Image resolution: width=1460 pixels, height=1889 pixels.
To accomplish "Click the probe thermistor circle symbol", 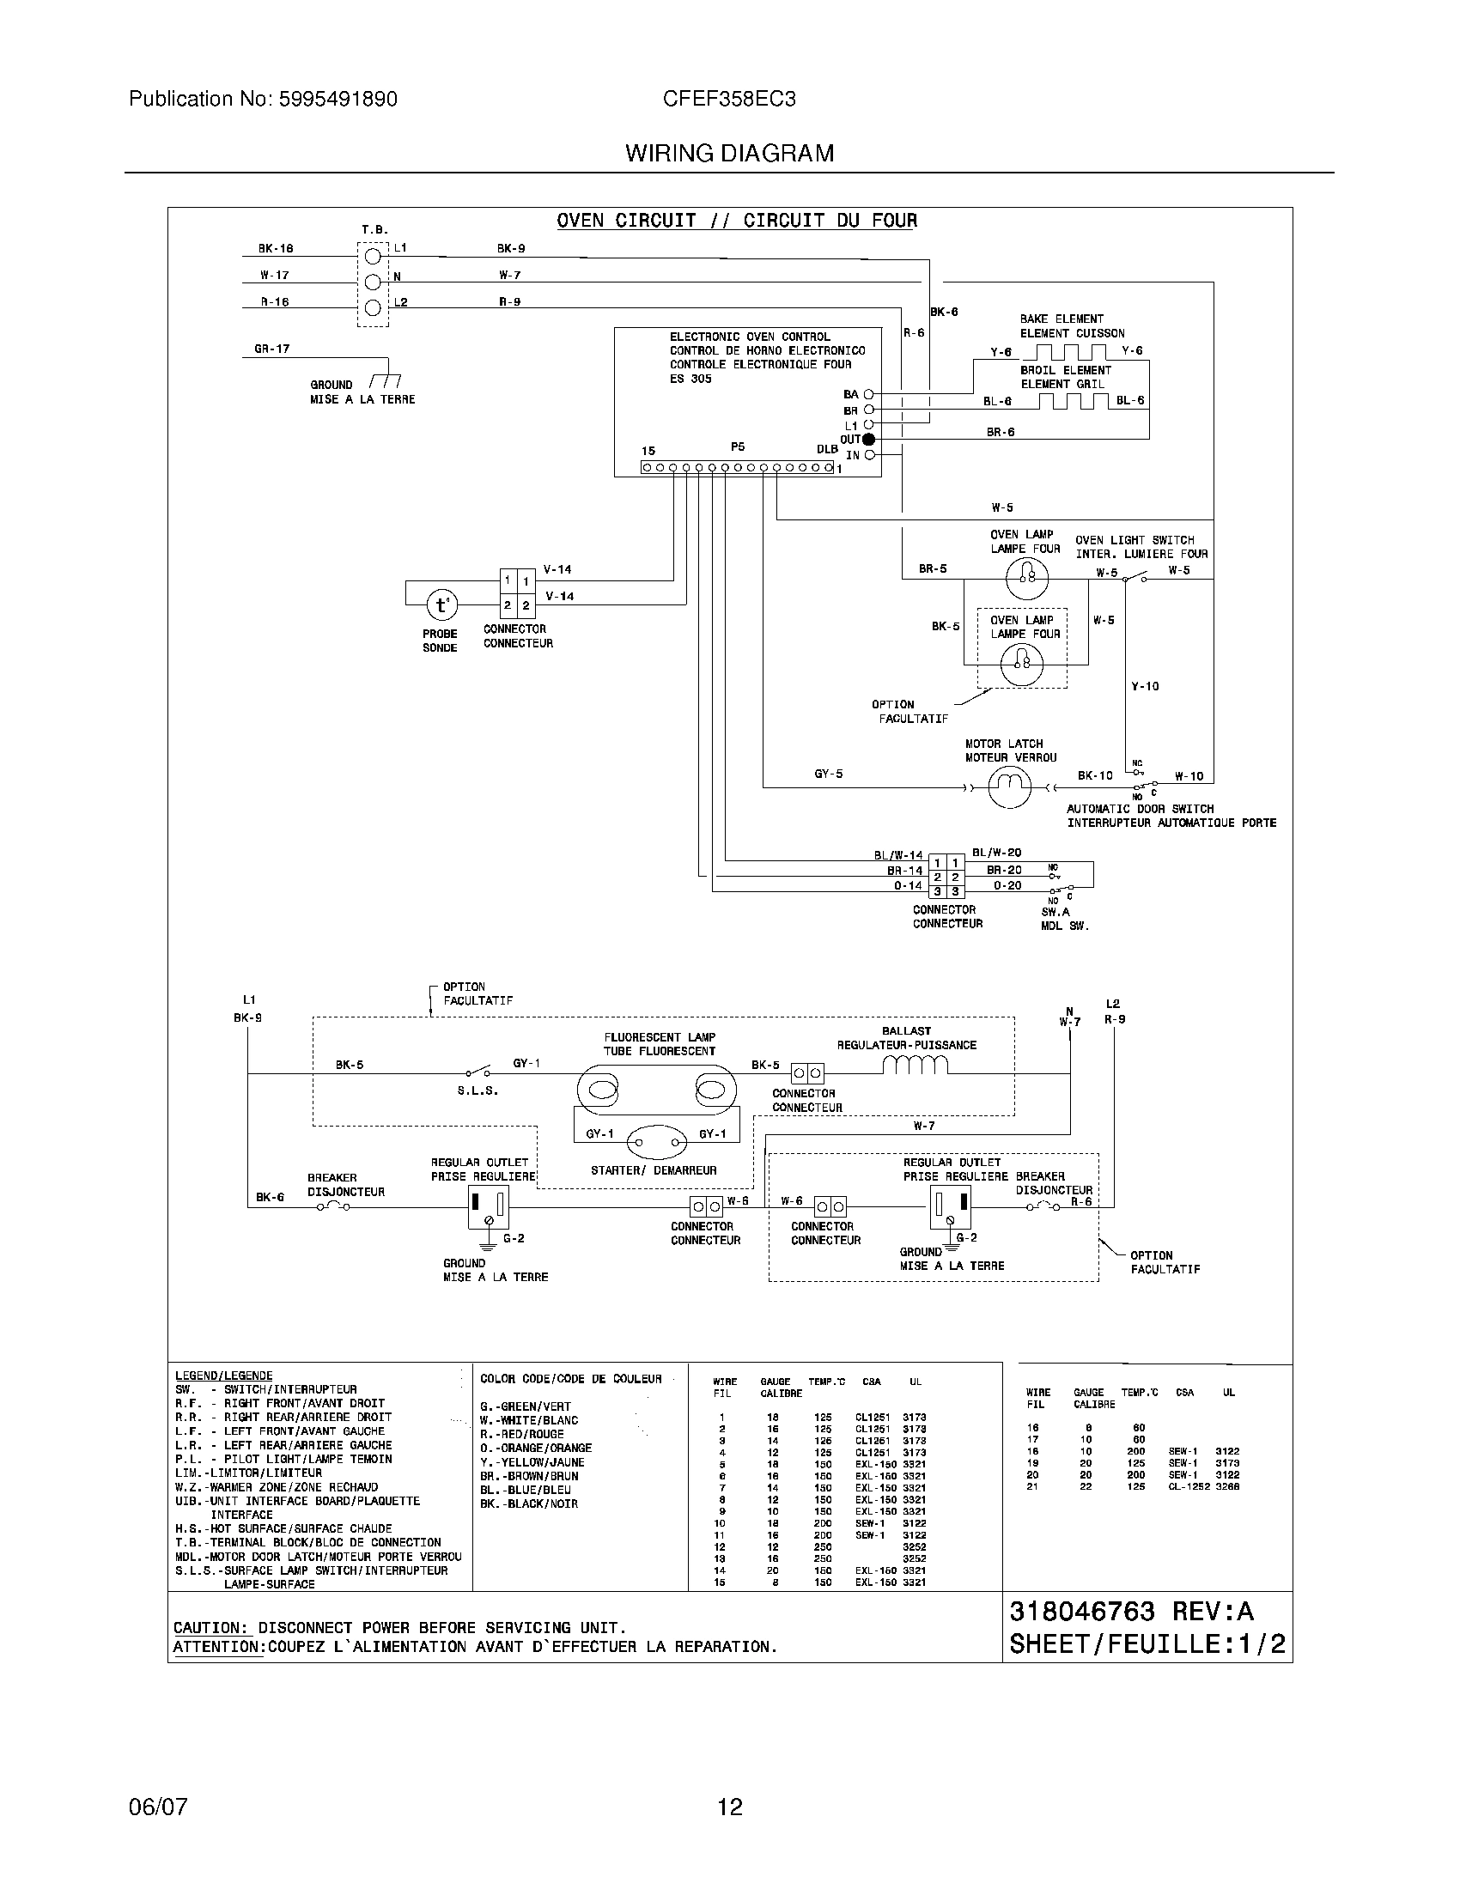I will coord(441,604).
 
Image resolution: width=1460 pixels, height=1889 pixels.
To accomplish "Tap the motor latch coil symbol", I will coord(1008,786).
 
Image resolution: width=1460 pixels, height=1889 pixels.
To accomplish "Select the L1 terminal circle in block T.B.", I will coord(373,257).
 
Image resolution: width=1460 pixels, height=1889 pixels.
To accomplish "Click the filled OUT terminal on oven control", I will coord(868,440).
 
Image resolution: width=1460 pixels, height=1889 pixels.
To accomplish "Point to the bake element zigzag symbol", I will coord(1072,352).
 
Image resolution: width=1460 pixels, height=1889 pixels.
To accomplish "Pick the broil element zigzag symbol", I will coord(1073,401).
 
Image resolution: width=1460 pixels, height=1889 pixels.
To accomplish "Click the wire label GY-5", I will coord(828,774).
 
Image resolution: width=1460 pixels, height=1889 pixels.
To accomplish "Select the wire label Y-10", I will coord(1144,686).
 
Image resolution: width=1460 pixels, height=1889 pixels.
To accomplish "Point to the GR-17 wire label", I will coord(271,349).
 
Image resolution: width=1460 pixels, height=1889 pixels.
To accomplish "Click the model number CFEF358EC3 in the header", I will coord(729,99).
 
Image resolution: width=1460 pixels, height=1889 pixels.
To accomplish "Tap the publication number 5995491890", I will coord(338,99).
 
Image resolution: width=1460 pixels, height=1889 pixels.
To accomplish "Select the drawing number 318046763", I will coord(1081,1612).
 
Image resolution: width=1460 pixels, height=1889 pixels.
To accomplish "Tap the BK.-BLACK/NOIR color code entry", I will coord(528,1504).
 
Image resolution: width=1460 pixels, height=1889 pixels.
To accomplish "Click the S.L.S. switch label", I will coord(478,1090).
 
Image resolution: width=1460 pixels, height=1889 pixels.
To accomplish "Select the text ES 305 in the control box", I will coord(690,379).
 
